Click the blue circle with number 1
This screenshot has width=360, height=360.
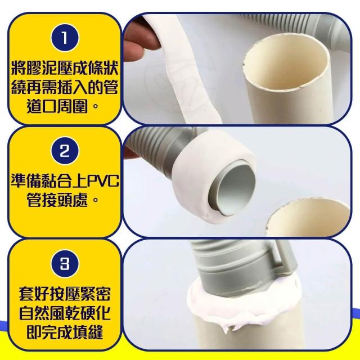[x=65, y=38]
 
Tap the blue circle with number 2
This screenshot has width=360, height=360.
[x=65, y=151]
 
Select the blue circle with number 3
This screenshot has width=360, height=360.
[x=65, y=263]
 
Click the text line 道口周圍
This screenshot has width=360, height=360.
[x=62, y=106]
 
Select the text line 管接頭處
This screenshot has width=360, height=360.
[x=62, y=200]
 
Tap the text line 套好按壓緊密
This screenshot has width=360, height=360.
[x=65, y=294]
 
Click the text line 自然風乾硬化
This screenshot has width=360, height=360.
[x=65, y=313]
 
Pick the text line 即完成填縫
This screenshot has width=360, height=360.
[x=65, y=331]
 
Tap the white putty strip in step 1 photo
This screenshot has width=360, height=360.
[x=184, y=69]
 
